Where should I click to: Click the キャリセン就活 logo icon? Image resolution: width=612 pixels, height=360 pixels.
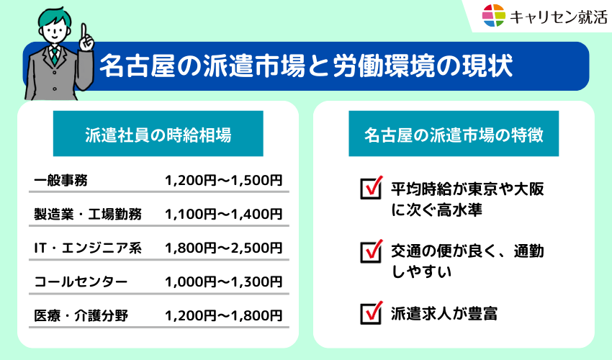click(495, 16)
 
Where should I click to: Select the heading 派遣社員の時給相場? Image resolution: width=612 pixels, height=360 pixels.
click(158, 135)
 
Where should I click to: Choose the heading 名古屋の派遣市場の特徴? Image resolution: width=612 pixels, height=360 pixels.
click(453, 135)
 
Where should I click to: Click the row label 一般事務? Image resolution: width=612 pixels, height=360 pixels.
click(60, 180)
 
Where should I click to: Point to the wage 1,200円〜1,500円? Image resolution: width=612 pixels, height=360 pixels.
click(223, 180)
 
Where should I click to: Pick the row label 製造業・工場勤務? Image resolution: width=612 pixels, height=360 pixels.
click(88, 214)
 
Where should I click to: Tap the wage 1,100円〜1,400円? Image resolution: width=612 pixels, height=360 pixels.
click(223, 214)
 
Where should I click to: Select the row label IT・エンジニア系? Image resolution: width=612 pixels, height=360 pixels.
click(88, 248)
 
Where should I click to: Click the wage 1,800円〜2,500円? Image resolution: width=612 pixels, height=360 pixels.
click(223, 248)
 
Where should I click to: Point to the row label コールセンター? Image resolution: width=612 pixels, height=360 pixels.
click(81, 282)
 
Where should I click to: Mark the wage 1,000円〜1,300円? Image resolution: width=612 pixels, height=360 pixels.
click(223, 282)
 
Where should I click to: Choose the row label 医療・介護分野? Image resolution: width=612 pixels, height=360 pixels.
click(81, 315)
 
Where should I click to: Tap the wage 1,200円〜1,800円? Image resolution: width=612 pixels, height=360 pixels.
click(223, 315)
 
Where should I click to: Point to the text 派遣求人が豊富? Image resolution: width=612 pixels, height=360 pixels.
click(444, 314)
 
